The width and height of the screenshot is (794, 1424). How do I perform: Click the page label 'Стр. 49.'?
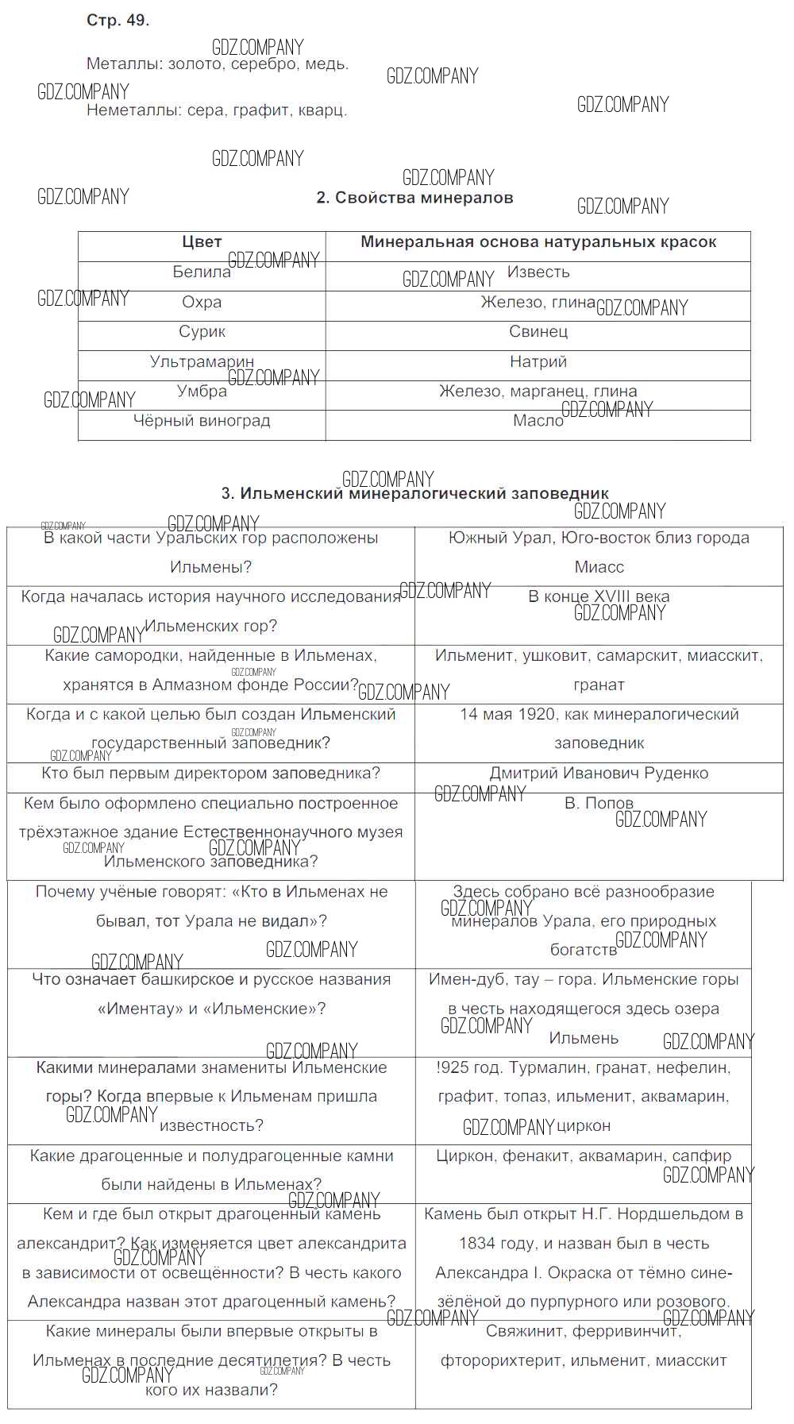pos(118,21)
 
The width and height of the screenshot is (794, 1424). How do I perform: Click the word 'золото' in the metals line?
pos(195,64)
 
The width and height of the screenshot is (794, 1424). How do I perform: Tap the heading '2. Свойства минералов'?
pos(414,198)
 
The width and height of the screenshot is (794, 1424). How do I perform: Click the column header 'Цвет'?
pos(202,242)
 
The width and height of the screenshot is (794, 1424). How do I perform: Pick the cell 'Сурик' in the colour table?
pos(202,331)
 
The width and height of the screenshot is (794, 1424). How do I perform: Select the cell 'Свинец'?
pos(538,331)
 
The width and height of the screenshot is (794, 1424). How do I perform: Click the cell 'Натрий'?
pos(538,361)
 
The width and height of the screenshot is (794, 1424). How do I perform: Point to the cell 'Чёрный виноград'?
pos(202,421)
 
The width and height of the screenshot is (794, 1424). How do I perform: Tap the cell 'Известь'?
pos(538,272)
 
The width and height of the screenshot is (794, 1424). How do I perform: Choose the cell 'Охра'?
pos(202,302)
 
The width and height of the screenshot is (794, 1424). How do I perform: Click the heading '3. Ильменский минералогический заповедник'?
pos(414,493)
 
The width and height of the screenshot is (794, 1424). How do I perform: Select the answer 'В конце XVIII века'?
pos(599,596)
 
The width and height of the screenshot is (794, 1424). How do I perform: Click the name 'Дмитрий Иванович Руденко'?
pos(599,773)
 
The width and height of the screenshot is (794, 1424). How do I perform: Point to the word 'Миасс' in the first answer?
pos(599,567)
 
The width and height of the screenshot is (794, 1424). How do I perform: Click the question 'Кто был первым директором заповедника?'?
pos(210,773)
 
